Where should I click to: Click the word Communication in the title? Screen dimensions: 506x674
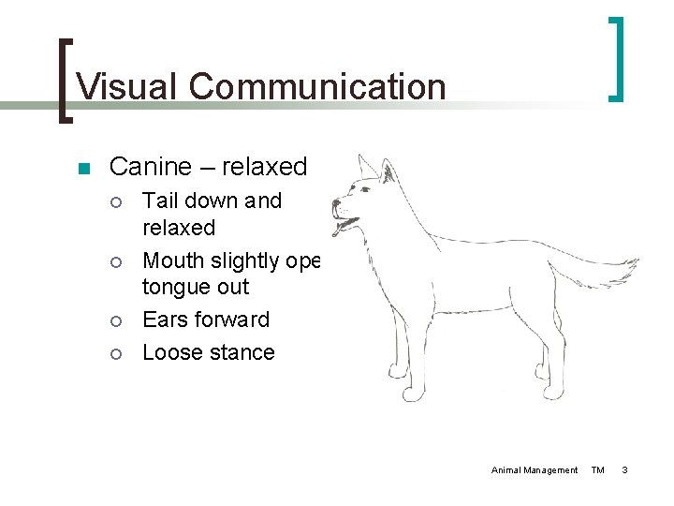point(316,86)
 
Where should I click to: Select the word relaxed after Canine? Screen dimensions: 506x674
point(264,167)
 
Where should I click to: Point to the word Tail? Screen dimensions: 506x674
point(161,201)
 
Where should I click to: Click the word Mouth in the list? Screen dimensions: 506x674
point(178,260)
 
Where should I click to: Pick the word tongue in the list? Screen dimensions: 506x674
point(176,287)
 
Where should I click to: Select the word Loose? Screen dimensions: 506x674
point(170,352)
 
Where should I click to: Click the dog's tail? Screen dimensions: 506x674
point(599,271)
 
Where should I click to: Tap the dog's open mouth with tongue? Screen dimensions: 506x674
point(347,225)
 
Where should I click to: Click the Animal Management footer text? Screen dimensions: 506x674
point(535,469)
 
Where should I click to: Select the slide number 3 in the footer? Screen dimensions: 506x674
point(625,469)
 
